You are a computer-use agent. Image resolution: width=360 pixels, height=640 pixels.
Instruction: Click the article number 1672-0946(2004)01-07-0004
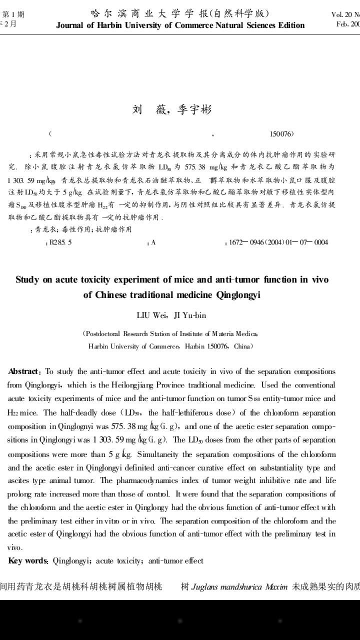coord(278,242)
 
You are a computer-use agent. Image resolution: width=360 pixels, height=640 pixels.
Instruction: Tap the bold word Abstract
coord(24,371)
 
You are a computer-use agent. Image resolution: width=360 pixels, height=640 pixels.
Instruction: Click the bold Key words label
coord(28,546)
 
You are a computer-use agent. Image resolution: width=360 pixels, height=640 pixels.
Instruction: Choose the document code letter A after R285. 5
coord(153,242)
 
